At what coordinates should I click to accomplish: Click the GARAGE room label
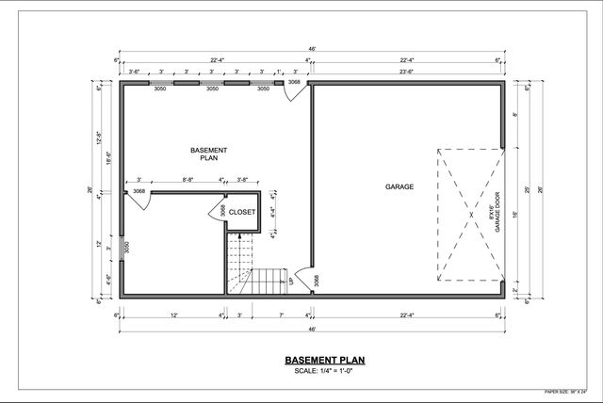(x=399, y=186)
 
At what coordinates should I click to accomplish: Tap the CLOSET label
(x=242, y=213)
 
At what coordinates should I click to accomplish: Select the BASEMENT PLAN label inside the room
(x=208, y=154)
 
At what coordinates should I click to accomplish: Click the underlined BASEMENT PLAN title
(x=310, y=360)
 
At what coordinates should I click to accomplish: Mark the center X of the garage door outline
(x=470, y=214)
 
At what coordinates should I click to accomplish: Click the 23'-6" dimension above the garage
(x=408, y=72)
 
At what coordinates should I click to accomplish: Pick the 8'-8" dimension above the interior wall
(x=187, y=180)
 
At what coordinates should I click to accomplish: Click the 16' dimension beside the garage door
(x=515, y=214)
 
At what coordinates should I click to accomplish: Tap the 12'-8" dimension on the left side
(x=99, y=139)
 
